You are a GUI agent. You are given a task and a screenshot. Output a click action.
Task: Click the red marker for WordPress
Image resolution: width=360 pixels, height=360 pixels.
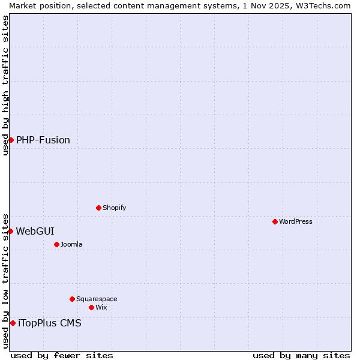pyautogui.click(x=275, y=221)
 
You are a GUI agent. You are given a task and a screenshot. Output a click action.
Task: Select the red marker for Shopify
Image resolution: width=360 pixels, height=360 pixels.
pyautogui.click(x=98, y=208)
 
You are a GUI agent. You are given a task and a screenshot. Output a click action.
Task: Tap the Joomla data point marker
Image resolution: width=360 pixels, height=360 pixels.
pyautogui.click(x=56, y=244)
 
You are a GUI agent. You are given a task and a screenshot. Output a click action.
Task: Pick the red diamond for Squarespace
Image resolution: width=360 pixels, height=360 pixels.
pyautogui.click(x=72, y=299)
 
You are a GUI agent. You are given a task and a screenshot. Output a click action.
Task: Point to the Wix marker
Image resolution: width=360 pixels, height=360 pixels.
pyautogui.click(x=91, y=307)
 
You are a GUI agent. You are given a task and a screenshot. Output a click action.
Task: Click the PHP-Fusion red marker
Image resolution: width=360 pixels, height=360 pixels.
pyautogui.click(x=11, y=140)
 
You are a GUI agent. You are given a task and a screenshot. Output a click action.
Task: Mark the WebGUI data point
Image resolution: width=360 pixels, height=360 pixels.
pyautogui.click(x=10, y=231)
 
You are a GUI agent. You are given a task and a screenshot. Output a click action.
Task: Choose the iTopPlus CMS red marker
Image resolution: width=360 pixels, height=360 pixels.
pyautogui.click(x=13, y=323)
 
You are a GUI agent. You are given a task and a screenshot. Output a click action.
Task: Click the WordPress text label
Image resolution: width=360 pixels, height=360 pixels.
pyautogui.click(x=296, y=221)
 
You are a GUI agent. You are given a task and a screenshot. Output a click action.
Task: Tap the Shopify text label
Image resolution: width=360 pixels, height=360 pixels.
pyautogui.click(x=114, y=208)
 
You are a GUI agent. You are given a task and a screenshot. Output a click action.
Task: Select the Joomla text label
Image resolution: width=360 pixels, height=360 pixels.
pyautogui.click(x=71, y=244)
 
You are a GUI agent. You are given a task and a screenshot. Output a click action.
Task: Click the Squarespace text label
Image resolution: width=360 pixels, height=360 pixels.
pyautogui.click(x=97, y=299)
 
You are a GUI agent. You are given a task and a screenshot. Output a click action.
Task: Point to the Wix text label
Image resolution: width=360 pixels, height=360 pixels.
pyautogui.click(x=101, y=307)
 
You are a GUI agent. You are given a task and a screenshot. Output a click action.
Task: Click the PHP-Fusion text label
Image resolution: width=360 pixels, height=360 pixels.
pyautogui.click(x=43, y=140)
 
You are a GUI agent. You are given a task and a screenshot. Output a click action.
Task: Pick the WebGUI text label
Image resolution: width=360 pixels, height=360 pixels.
pyautogui.click(x=35, y=231)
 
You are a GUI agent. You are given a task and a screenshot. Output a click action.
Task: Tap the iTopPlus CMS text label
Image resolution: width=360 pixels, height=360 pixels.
pyautogui.click(x=50, y=323)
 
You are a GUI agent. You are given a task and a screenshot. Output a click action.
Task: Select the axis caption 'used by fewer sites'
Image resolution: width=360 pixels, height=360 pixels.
pyautogui.click(x=62, y=355)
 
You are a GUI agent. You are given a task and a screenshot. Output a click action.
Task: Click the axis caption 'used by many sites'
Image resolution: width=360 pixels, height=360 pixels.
pyautogui.click(x=301, y=355)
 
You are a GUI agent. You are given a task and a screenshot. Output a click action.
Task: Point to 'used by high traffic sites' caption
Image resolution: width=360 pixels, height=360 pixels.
pyautogui.click(x=5, y=85)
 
